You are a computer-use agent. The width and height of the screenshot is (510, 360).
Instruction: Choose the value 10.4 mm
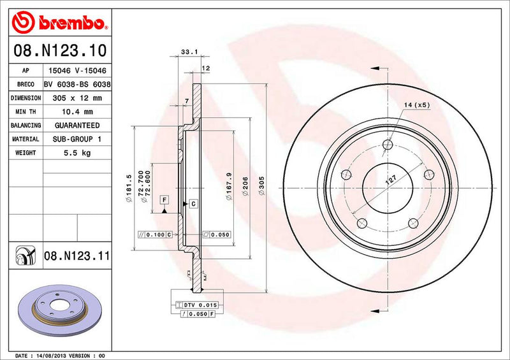(76, 112)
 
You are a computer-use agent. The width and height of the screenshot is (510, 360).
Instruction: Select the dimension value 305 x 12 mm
(76, 98)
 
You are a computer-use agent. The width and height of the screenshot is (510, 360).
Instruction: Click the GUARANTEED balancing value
(76, 126)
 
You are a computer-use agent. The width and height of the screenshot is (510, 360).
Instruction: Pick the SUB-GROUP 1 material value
(76, 139)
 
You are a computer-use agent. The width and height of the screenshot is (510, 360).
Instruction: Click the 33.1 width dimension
(187, 53)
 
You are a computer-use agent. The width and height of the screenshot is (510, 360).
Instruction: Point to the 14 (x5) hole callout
(417, 104)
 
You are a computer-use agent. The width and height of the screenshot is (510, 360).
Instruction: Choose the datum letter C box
(193, 203)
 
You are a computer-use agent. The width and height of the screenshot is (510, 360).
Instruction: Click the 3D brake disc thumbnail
(61, 307)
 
